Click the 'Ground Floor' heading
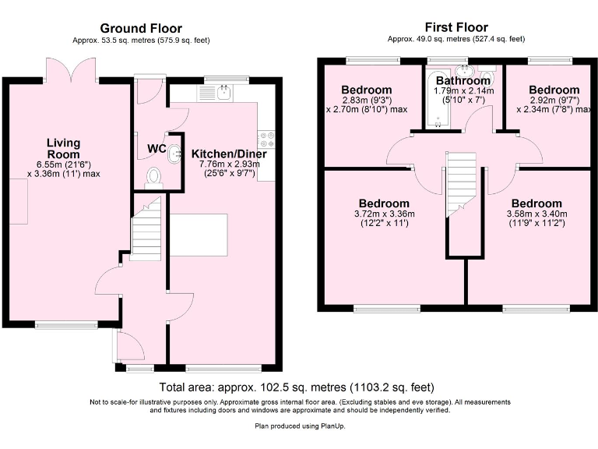click(x=141, y=28)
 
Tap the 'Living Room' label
click(x=63, y=148)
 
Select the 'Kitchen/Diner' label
click(x=229, y=154)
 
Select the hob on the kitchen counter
click(x=267, y=139)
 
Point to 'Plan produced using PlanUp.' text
click(x=300, y=426)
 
